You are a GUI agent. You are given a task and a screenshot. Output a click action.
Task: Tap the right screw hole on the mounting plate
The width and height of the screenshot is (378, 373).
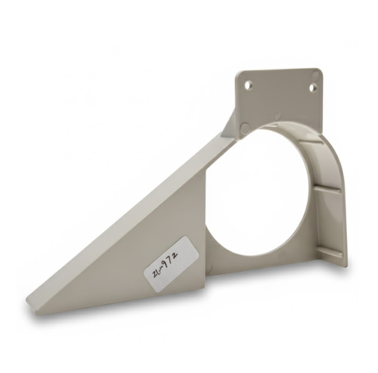(314, 87)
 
